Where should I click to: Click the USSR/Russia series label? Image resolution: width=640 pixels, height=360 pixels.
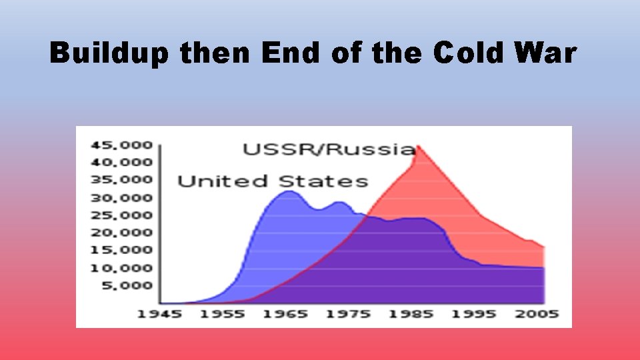pos(329,149)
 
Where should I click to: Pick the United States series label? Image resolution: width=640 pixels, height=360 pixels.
pos(272,181)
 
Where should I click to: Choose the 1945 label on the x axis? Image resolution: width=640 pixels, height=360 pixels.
pos(159,314)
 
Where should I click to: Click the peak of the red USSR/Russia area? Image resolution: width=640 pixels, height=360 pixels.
pos(418,146)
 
